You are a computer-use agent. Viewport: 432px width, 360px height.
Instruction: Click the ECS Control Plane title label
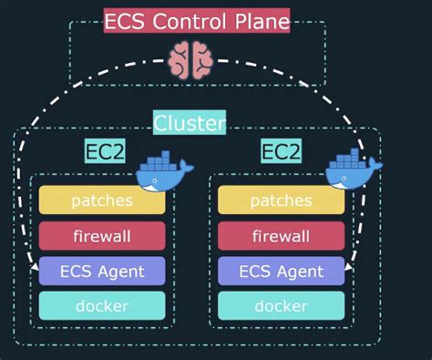click(197, 20)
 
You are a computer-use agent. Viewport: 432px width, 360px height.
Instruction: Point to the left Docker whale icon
click(165, 173)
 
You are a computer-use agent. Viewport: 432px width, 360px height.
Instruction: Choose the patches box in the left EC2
click(102, 201)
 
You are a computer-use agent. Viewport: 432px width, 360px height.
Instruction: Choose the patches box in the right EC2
click(281, 201)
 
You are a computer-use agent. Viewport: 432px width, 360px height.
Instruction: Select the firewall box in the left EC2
click(102, 236)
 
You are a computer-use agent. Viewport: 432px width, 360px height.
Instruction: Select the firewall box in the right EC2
click(281, 236)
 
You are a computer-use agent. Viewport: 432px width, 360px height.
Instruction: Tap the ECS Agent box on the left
click(102, 271)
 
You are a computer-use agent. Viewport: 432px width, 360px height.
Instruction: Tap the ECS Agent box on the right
click(281, 271)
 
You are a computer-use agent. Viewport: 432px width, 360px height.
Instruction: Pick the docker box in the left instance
click(102, 305)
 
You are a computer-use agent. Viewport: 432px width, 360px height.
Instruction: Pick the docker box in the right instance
click(281, 305)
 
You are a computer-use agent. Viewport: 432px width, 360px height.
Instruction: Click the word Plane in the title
click(261, 20)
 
